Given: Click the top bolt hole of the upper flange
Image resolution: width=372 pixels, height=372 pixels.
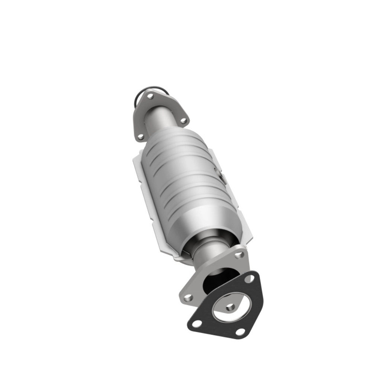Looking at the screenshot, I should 150,96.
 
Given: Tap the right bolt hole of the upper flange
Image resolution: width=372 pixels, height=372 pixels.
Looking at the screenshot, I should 183,120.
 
